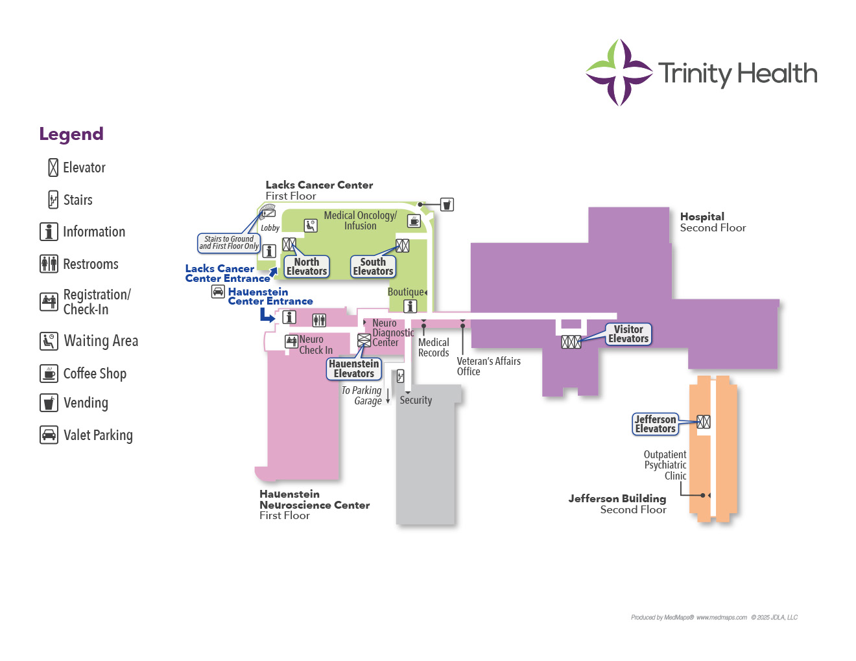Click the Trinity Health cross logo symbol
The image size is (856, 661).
coord(619,73)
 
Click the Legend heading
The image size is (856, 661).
coord(71,134)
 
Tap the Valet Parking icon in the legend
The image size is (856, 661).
coord(49,435)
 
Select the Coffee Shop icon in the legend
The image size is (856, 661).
coord(49,373)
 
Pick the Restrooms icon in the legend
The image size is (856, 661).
coord(49,264)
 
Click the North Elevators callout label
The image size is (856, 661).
coord(307,266)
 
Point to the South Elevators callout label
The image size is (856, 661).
coord(373,266)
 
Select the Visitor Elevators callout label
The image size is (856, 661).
coord(628,334)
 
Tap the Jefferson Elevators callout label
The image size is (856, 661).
coord(656,424)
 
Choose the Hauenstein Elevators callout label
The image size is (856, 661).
coord(354,369)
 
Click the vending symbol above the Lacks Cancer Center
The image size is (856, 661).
coord(447,205)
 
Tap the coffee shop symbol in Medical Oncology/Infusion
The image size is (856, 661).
coord(414,222)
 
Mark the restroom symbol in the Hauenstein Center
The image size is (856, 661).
coord(319,319)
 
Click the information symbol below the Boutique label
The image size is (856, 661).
coord(410,306)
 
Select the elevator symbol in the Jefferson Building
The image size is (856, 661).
coord(704,422)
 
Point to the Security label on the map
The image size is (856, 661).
coord(416,400)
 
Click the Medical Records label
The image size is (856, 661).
coord(433,347)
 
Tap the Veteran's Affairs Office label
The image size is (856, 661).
coord(488,366)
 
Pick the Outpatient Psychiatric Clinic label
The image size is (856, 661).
coord(665,465)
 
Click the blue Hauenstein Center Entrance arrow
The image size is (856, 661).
coord(267,316)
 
